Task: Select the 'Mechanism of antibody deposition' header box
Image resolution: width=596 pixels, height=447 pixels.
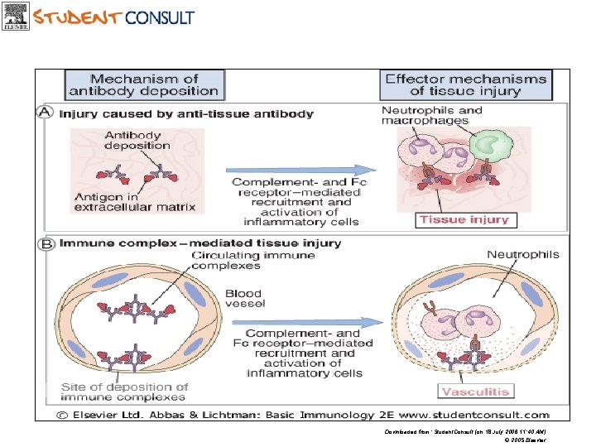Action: pyautogui.click(x=144, y=84)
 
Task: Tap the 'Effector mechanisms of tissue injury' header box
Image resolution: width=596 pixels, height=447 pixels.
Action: pyautogui.click(x=465, y=84)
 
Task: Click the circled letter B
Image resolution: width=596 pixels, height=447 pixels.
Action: pyautogui.click(x=47, y=244)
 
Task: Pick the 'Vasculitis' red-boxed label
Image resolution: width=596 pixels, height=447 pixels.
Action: pyautogui.click(x=475, y=391)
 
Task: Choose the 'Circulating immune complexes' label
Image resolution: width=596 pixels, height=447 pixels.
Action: pyautogui.click(x=252, y=260)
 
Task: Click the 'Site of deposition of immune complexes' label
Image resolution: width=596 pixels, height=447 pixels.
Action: pyautogui.click(x=124, y=392)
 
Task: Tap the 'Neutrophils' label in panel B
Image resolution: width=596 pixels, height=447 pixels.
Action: pyautogui.click(x=522, y=255)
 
